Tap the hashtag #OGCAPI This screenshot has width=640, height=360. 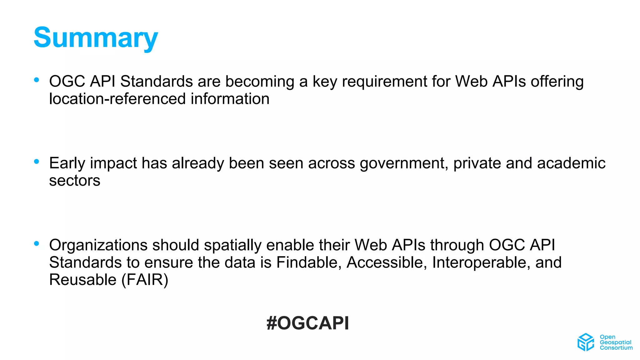tap(307, 323)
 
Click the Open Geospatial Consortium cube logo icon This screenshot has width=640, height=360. tap(585, 342)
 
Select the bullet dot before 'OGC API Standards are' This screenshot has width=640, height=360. tap(37, 80)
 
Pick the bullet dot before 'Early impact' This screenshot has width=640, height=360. tap(37, 162)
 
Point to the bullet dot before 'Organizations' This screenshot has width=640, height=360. tap(37, 243)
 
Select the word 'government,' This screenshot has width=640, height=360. tap(404, 163)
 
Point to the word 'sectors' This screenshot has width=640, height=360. tap(75, 181)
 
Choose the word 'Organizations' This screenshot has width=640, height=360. tap(98, 245)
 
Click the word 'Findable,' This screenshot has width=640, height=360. tap(309, 262)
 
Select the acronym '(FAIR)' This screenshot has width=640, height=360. tap(145, 280)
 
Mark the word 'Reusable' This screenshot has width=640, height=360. tap(83, 280)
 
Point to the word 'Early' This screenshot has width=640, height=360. tap(67, 163)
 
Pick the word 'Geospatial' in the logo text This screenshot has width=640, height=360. tap(615, 342)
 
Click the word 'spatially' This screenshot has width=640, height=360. tap(232, 245)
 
